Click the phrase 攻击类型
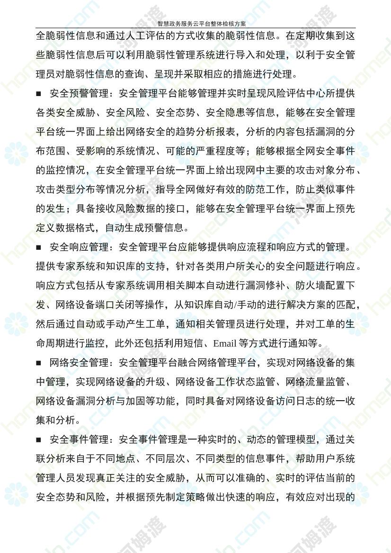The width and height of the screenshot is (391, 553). (x=59, y=190)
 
